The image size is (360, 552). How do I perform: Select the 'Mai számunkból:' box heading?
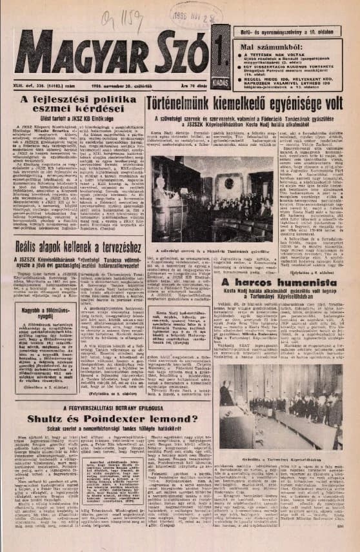[265, 47]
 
